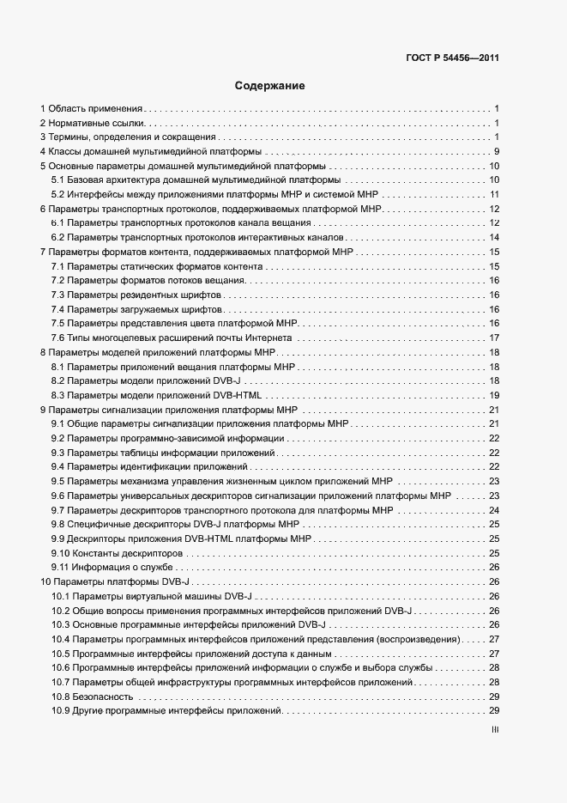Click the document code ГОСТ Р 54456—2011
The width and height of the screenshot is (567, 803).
[452, 58]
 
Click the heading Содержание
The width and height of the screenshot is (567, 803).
[270, 86]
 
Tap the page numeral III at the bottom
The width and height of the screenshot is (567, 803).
[495, 731]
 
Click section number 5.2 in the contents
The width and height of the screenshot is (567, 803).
[58, 194]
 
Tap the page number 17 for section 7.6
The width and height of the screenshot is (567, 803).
[494, 338]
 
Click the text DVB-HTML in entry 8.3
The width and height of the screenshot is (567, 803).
[240, 395]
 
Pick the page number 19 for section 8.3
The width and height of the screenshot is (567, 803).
[494, 395]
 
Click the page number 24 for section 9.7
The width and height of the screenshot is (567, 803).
[494, 510]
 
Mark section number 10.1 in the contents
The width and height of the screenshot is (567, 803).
[60, 596]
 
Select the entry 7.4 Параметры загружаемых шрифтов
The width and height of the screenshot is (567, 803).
[137, 309]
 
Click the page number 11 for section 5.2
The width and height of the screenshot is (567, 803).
[494, 194]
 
